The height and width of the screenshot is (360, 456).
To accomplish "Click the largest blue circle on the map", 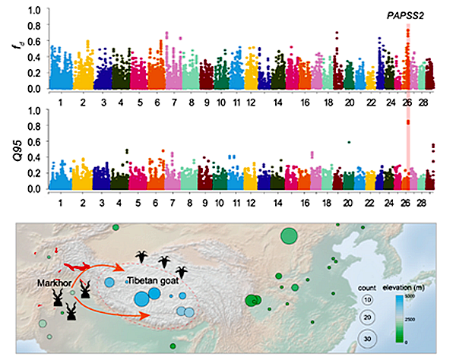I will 141,298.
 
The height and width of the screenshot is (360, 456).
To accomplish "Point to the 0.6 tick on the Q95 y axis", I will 35,141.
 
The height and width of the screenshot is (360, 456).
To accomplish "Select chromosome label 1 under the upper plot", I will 60,99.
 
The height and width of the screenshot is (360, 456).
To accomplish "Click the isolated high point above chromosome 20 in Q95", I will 348,142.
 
